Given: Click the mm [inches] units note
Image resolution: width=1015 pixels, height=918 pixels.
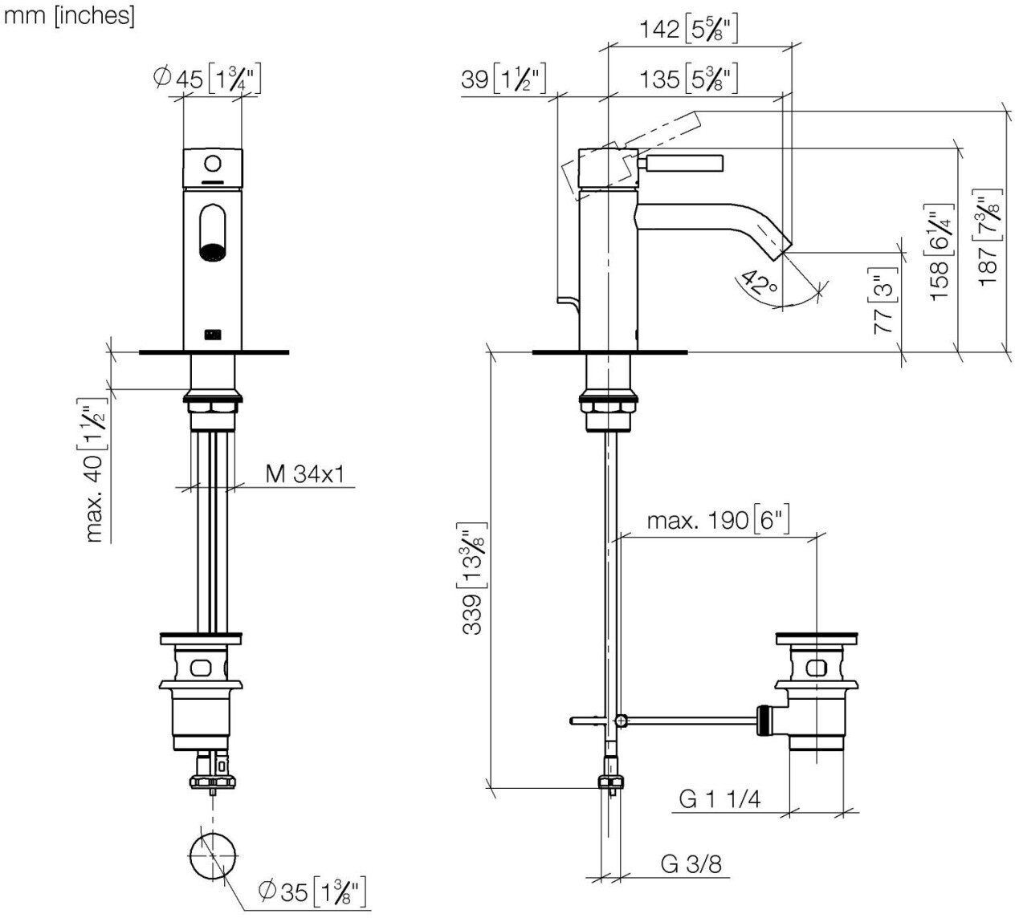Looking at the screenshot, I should (69, 15).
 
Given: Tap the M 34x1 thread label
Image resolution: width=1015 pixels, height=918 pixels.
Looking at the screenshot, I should (304, 474).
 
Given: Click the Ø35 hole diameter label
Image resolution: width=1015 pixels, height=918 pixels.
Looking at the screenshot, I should (314, 890).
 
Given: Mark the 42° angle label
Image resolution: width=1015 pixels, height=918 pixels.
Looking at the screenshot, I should (759, 283).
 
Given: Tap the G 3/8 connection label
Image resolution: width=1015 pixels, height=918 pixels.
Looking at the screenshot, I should (691, 864).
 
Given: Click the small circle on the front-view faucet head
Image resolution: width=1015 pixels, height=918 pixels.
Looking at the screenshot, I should (212, 164).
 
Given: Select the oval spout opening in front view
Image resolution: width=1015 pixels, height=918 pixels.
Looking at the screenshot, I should (212, 232).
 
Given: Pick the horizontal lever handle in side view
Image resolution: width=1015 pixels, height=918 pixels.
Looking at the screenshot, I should (683, 164).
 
